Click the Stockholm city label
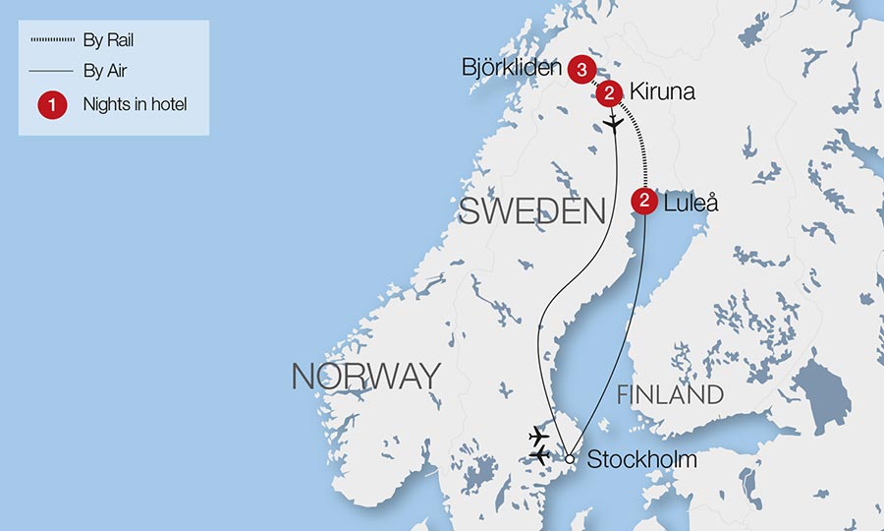[x=641, y=459]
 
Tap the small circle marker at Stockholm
[x=569, y=458]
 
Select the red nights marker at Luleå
[x=643, y=203]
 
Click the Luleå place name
[x=691, y=204]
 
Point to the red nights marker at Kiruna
[x=609, y=93]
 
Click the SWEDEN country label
[x=531, y=210]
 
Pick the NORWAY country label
[x=365, y=376]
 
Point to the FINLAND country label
[x=670, y=395]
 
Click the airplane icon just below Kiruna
[x=614, y=124]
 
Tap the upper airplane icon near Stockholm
[x=538, y=435]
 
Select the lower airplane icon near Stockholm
[x=538, y=455]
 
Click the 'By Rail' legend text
[x=109, y=40]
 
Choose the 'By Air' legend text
[x=106, y=71]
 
